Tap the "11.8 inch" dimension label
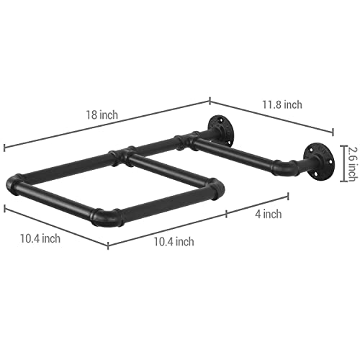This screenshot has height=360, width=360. point(282,104)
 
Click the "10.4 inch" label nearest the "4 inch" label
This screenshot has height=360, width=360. point(174,242)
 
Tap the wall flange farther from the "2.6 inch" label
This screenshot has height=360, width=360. point(220,129)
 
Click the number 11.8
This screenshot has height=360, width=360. point(271,104)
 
